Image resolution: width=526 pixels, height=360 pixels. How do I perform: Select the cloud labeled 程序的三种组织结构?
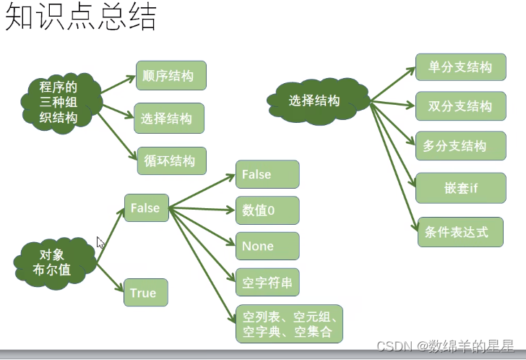click(x=59, y=103)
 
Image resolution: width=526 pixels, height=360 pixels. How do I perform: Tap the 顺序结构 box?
click(x=169, y=76)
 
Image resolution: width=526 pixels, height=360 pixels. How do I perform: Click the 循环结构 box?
click(x=171, y=161)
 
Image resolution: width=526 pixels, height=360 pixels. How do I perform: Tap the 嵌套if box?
click(x=461, y=189)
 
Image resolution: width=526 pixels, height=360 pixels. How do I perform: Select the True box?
click(x=144, y=293)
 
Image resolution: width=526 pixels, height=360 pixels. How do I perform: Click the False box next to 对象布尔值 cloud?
click(x=146, y=208)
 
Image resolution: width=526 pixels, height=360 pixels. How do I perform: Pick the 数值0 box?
click(x=267, y=210)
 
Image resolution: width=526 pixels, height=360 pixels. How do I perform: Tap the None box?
click(x=267, y=247)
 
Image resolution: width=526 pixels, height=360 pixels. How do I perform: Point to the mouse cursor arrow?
click(x=100, y=243)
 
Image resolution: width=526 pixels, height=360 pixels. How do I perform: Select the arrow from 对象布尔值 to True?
click(x=110, y=278)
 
